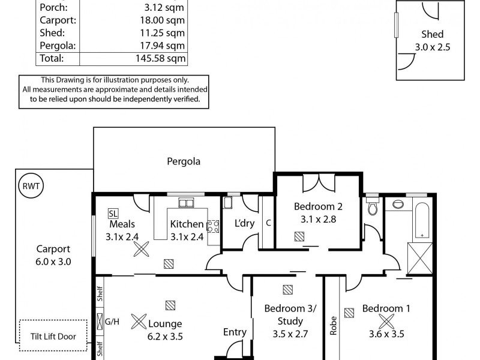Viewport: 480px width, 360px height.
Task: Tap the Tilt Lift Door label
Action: pyautogui.click(x=53, y=337)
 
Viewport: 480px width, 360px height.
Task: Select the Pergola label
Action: pyautogui.click(x=183, y=161)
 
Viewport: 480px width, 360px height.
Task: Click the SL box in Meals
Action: pyautogui.click(x=113, y=213)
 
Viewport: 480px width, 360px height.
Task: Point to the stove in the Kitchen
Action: pyautogui.click(x=212, y=226)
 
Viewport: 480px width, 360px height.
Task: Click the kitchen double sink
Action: pyautogui.click(x=186, y=203)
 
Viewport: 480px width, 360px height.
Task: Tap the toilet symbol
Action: pyautogui.click(x=372, y=207)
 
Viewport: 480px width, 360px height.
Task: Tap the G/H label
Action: pyautogui.click(x=112, y=322)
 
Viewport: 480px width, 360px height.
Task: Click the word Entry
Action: pyautogui.click(x=235, y=332)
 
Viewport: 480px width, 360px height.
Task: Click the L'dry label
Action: pyautogui.click(x=245, y=224)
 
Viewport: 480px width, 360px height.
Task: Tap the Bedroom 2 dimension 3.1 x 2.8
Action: pyautogui.click(x=318, y=220)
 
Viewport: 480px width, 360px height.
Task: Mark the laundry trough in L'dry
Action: pyautogui.click(x=228, y=202)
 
